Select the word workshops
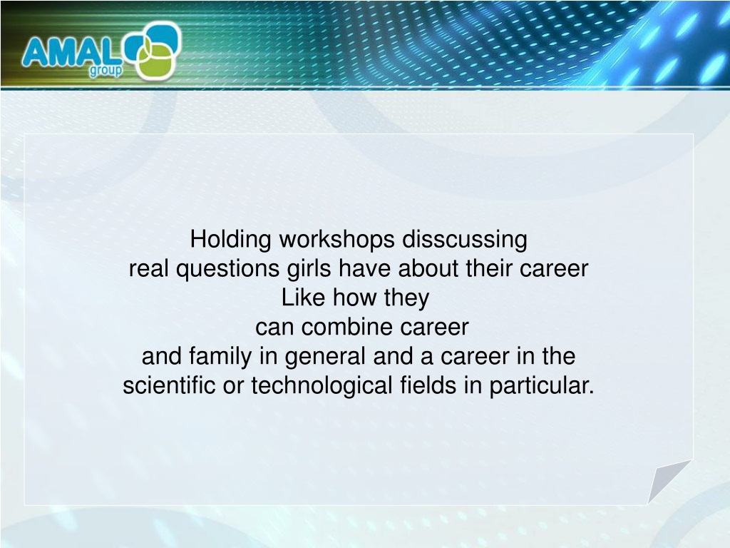pyautogui.click(x=337, y=240)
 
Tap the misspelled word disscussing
pyautogui.click(x=465, y=240)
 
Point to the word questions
pyautogui.click(x=227, y=269)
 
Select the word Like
pyautogui.click(x=303, y=298)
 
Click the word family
pyautogui.click(x=220, y=357)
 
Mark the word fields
pyautogui.click(x=428, y=385)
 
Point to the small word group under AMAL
pyautogui.click(x=106, y=71)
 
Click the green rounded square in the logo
pyautogui.click(x=155, y=63)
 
